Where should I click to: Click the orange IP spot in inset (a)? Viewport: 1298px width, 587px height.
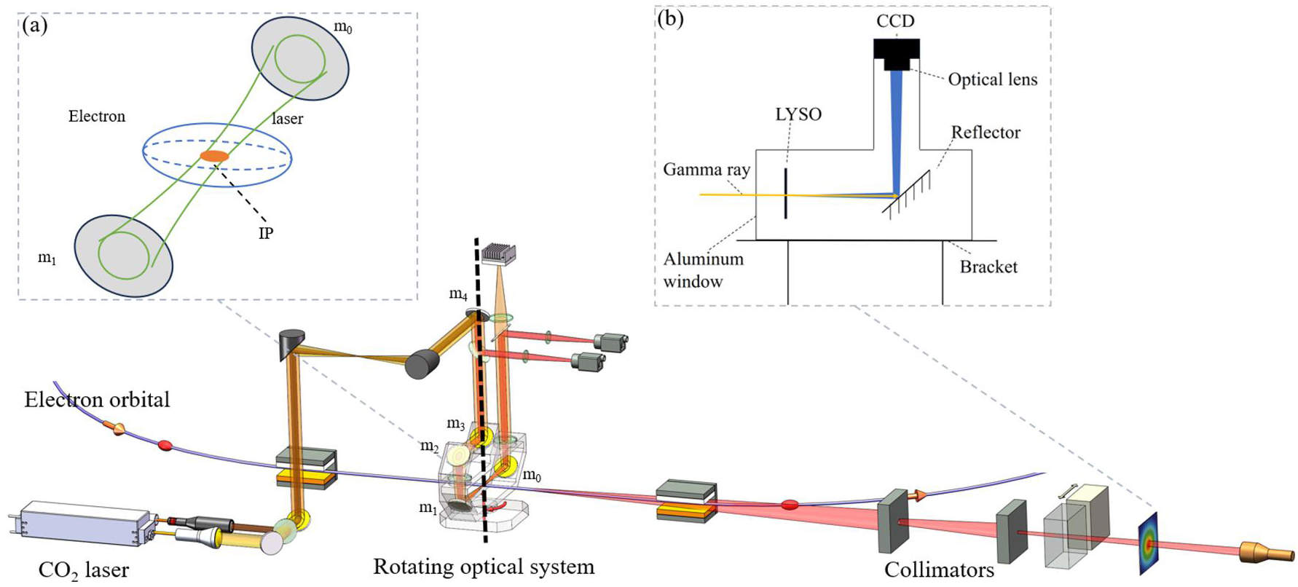214,156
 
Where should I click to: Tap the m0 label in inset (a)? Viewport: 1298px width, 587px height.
342,28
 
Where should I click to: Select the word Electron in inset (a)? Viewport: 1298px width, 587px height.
97,116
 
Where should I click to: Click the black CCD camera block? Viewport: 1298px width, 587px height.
896,54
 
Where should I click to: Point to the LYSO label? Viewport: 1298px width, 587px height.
798,114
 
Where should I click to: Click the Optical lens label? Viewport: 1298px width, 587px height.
993,79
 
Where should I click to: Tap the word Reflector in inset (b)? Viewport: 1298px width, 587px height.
986,132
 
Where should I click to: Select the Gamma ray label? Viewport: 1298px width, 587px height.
707,170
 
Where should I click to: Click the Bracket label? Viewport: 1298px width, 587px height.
988,267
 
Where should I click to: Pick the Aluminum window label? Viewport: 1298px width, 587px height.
703,270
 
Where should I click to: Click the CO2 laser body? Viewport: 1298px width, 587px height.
83,524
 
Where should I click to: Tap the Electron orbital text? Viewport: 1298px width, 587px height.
97,399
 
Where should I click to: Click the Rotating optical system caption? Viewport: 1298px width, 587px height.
484,567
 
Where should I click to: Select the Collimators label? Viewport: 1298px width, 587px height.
939,570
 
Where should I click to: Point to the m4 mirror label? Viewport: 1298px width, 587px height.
458,294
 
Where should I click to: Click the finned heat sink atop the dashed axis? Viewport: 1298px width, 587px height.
499,252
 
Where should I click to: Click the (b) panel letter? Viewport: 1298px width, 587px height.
670,19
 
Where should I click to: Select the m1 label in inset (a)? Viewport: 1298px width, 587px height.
47,258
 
